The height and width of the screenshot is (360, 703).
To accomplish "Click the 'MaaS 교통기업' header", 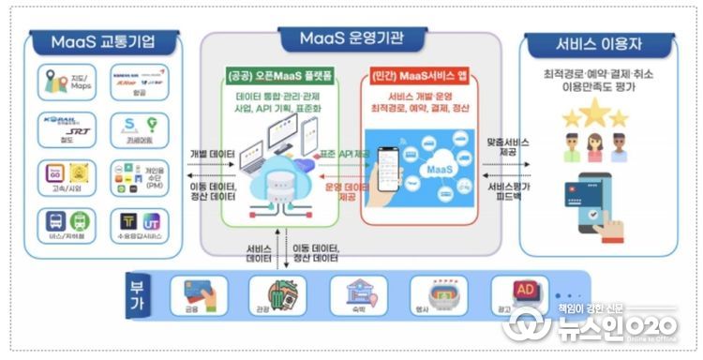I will point(102,43).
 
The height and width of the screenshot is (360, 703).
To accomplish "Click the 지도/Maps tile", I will point(64,83).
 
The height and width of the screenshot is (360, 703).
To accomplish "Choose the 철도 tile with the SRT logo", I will point(64,131).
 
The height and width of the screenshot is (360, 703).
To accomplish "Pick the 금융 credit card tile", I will point(194,295).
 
